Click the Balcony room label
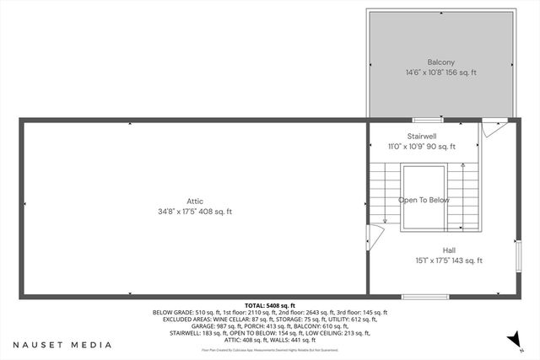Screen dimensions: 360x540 point(440,62)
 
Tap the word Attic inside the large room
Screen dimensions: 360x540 point(195,201)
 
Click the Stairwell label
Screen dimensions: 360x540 point(422,136)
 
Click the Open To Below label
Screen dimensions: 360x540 point(424,201)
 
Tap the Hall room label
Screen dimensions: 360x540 point(448,250)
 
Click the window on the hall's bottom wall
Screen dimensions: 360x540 point(418,296)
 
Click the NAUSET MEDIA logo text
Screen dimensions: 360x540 point(62,345)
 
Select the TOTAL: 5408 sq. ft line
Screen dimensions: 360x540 point(269,305)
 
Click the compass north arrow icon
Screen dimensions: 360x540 point(510,339)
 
